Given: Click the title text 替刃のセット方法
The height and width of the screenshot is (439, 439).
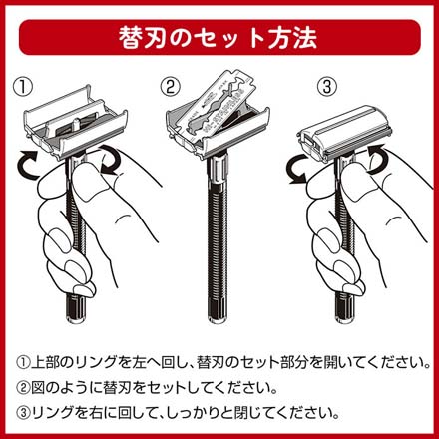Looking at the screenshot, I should pyautogui.click(x=219, y=37).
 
